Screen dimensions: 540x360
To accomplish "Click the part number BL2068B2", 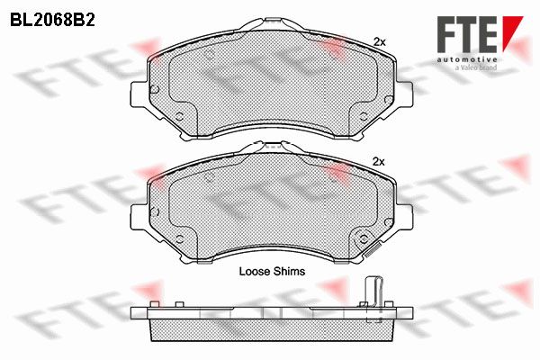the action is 52,21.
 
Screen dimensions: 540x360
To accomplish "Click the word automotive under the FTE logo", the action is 467,59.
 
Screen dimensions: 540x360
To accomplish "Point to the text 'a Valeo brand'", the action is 476,67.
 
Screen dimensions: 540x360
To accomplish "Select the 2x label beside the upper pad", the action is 380,42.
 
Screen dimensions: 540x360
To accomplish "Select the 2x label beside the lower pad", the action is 379,162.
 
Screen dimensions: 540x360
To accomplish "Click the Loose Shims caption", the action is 272,272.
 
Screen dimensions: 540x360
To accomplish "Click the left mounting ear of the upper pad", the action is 139,94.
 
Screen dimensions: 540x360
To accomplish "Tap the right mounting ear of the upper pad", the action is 404,94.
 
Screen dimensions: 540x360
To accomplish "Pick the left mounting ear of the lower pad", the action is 139,217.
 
